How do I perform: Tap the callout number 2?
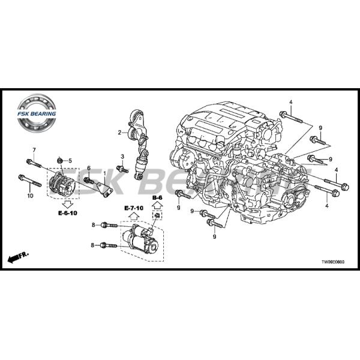(x=119, y=133)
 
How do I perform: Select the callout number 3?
(x=122, y=157)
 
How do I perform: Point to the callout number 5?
(x=70, y=160)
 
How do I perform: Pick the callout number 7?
(x=34, y=149)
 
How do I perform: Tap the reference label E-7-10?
(x=134, y=208)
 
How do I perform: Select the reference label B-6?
(x=157, y=197)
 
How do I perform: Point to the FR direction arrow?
(x=19, y=257)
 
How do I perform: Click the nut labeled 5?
(x=61, y=160)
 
